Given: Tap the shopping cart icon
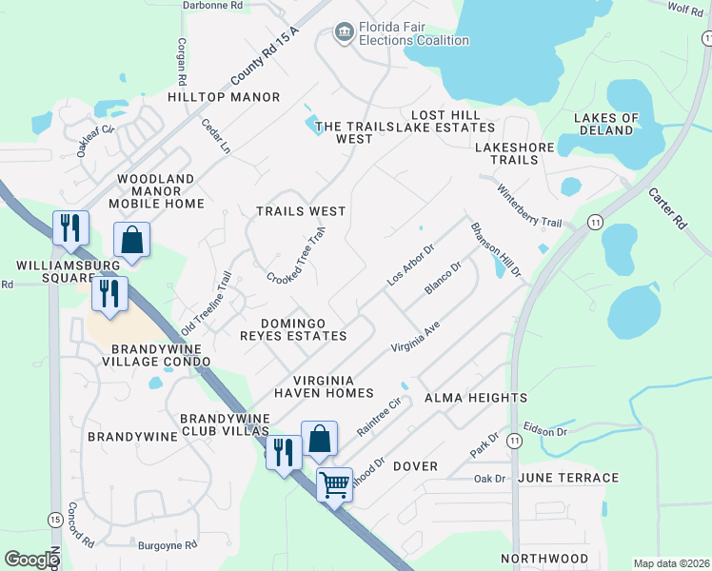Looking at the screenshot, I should click(334, 484).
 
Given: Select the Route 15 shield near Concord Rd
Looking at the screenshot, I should click(55, 519).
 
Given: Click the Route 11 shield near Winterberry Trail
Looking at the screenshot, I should click(595, 222).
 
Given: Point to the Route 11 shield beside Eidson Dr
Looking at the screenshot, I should click(515, 441).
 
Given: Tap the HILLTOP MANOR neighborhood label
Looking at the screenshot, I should click(224, 97).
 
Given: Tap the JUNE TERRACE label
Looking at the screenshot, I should click(568, 478).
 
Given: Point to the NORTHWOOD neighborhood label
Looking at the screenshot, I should click(546, 559).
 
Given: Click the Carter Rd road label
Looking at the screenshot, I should click(667, 207).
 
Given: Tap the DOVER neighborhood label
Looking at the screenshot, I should click(414, 466).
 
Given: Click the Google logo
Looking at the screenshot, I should click(31, 560).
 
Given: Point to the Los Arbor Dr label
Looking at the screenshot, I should click(410, 266).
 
